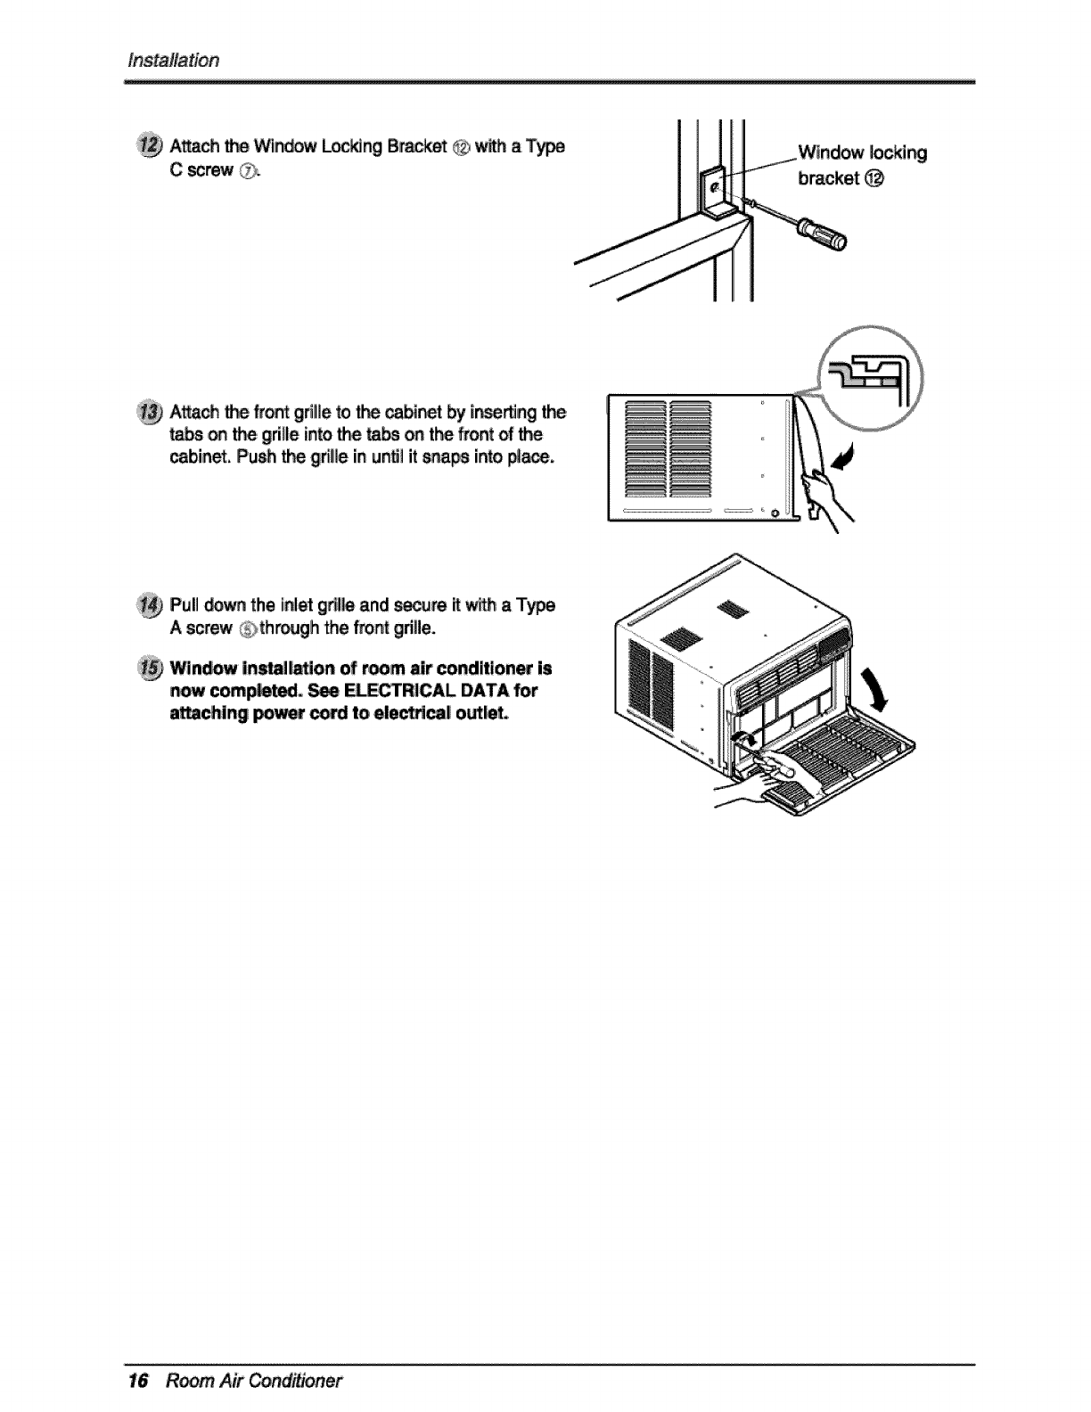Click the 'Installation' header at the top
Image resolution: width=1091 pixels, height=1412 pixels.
(174, 60)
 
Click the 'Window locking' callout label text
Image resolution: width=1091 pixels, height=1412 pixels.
(862, 152)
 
